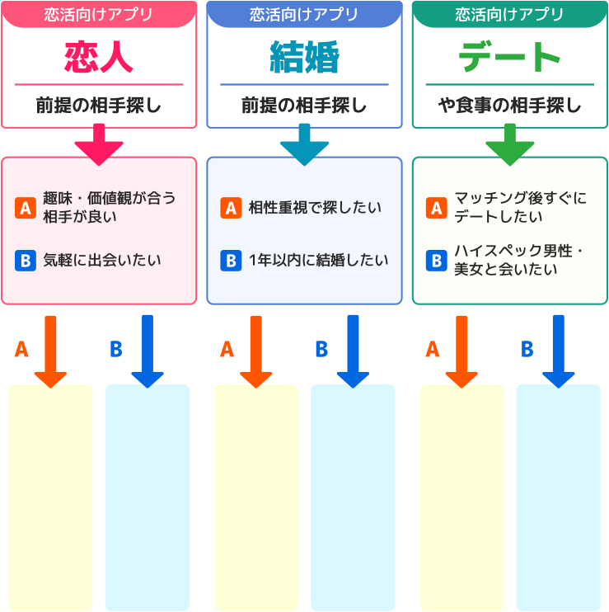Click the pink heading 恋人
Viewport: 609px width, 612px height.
click(98, 58)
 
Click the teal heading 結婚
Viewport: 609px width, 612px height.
click(304, 58)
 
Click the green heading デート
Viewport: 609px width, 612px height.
click(509, 58)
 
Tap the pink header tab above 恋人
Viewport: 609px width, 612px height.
click(98, 14)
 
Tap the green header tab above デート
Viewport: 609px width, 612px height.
click(509, 14)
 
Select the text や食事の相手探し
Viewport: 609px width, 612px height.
click(509, 106)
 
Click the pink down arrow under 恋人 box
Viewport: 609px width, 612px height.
click(98, 144)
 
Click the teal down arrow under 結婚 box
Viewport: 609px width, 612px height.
click(304, 144)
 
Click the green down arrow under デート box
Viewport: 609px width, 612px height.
click(509, 144)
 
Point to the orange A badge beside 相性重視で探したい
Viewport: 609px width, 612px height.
click(231, 208)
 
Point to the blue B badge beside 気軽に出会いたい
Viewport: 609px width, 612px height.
click(25, 261)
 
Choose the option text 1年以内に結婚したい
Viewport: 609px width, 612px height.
click(318, 261)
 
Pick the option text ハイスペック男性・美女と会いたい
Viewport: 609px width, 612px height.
click(519, 260)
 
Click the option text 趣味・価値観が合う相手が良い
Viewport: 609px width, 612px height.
click(109, 208)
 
